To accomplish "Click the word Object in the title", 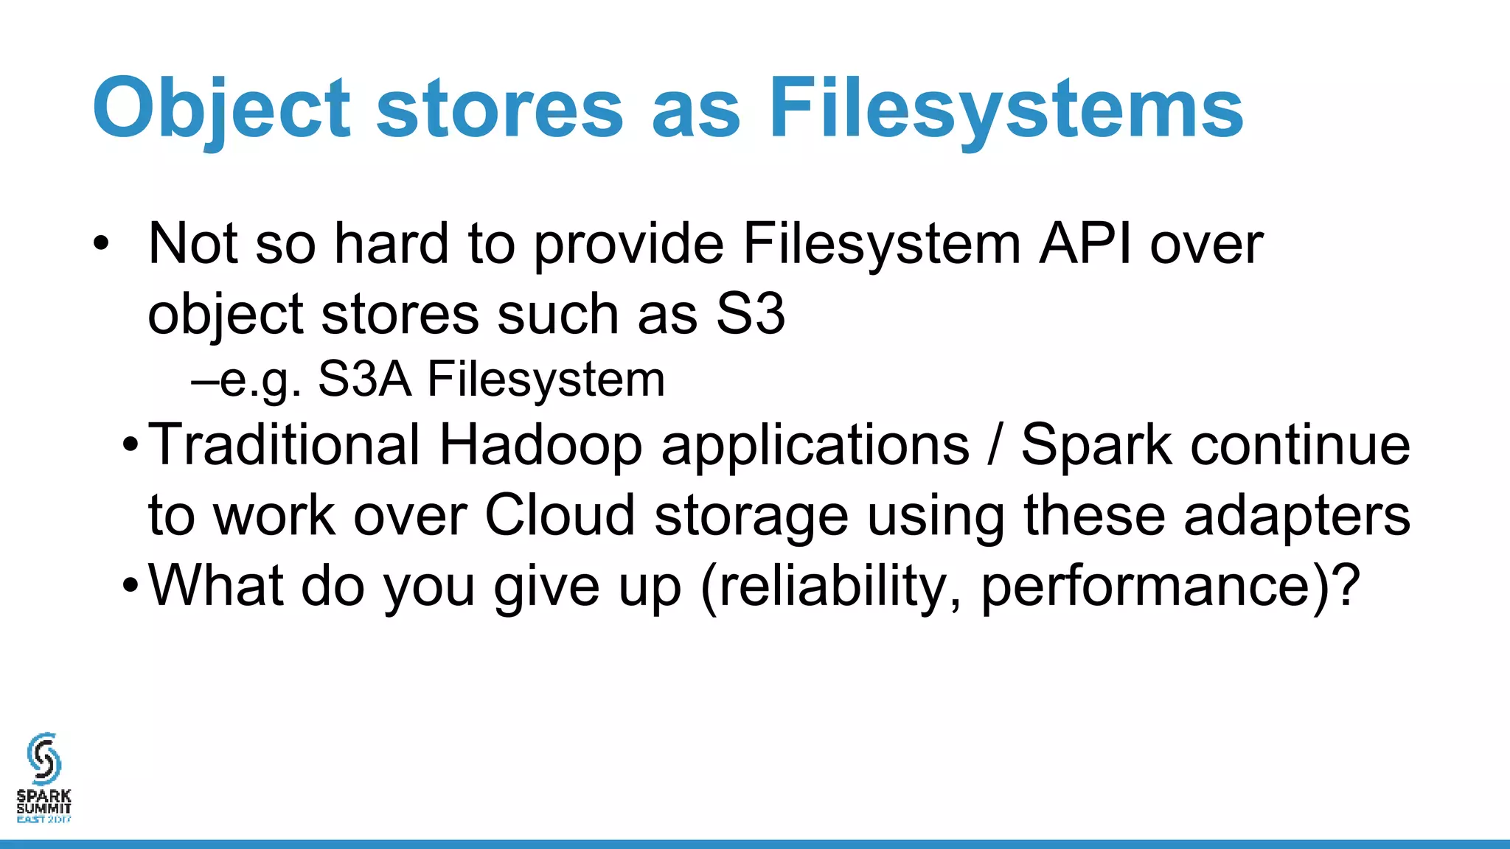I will coord(221,109).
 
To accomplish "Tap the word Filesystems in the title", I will coord(1006,109).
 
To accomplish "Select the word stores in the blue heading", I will coord(500,109).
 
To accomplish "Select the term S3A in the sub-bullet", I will coord(364,380).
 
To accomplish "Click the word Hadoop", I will coord(540,446).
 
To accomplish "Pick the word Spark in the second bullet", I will coord(1096,446).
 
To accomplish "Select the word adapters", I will coord(1297,516).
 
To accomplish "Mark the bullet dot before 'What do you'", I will coord(131,587).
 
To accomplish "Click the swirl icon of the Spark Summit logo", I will coord(44,758).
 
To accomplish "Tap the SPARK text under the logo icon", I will coord(44,796).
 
